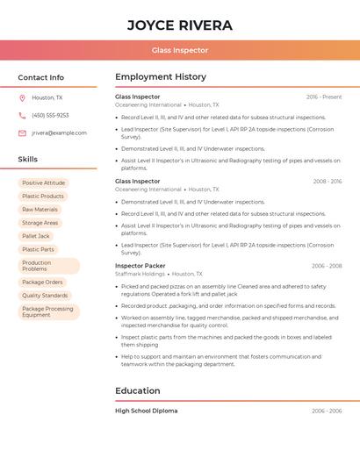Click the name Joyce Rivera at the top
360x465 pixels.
180,25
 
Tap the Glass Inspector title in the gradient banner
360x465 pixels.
180,51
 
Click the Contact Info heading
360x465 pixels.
41,77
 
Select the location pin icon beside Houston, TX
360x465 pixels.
22,98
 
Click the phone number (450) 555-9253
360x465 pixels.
50,115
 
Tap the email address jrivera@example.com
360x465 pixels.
59,133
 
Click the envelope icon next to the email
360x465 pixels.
22,133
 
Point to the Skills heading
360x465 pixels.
28,160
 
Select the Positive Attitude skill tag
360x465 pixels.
44,183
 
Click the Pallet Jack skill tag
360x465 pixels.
36,236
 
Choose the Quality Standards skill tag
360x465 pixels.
45,296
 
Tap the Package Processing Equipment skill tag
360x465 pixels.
48,311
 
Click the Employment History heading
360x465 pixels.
161,77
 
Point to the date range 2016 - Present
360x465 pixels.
324,97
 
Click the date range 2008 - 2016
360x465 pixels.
328,182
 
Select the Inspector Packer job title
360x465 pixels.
140,266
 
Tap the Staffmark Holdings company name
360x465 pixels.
140,274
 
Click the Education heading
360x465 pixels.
138,391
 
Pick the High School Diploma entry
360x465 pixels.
147,411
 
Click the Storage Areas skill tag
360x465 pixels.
40,223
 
